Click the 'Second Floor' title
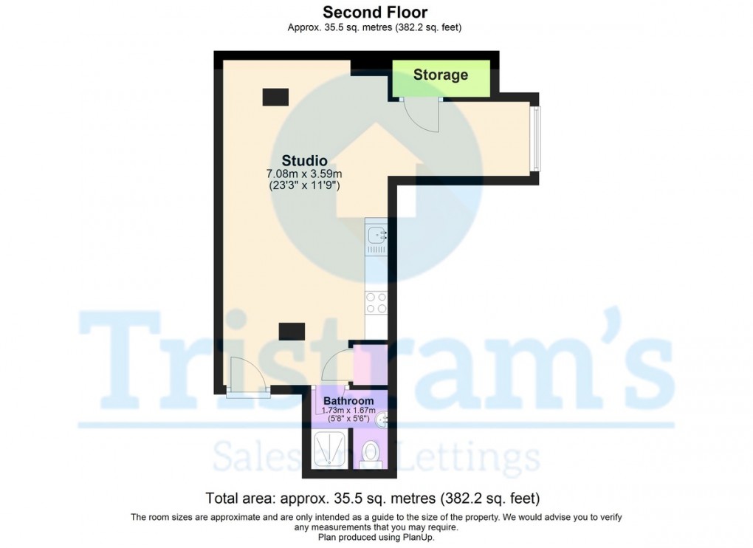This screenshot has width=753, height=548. coord(375,12)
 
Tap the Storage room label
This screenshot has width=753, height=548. coord(441,75)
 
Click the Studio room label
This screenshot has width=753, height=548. coord(304,160)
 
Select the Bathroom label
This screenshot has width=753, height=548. coord(348,401)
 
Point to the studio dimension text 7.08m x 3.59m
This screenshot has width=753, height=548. coord(304,174)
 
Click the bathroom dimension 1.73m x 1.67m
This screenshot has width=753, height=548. coord(348,411)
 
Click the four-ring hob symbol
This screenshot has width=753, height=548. coord(376,303)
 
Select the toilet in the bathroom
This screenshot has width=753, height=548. coord(368,453)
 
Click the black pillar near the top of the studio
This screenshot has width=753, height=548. coord(275,96)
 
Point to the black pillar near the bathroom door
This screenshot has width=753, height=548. coord(292,332)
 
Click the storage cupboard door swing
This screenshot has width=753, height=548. coord(422,114)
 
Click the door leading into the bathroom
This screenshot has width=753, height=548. coord(336,367)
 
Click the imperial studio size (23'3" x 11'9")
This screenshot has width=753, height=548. coord(304,186)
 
